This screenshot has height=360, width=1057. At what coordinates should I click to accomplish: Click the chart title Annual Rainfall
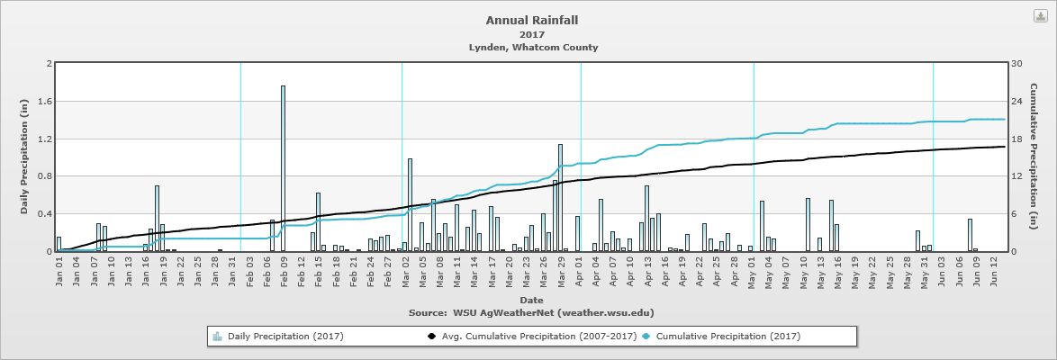(532, 20)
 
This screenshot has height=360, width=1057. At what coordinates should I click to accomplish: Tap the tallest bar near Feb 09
(283, 168)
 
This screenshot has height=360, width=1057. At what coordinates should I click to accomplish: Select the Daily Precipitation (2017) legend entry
(285, 337)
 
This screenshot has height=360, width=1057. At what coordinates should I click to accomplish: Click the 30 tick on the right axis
(1016, 64)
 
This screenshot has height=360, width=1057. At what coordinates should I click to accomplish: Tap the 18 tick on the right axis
(1016, 139)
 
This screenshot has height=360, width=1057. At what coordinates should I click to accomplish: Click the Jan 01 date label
(60, 271)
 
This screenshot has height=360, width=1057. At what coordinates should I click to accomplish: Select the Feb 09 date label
(285, 271)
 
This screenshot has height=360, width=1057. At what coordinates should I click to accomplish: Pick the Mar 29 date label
(561, 271)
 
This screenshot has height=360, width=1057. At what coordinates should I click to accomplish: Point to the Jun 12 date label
(994, 271)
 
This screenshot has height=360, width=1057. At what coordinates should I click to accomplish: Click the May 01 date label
(751, 271)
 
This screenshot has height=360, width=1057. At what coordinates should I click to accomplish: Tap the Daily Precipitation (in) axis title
(24, 157)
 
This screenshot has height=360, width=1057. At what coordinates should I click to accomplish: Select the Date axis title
(531, 299)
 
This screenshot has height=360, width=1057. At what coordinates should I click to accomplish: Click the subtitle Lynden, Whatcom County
(533, 47)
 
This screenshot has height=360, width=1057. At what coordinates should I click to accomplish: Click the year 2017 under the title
(532, 34)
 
